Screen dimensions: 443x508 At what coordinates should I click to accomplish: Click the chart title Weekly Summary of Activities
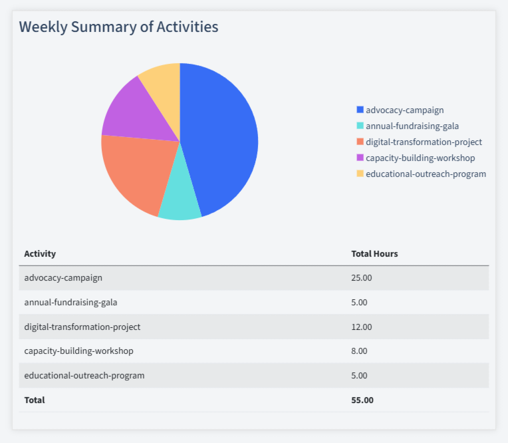click(x=118, y=27)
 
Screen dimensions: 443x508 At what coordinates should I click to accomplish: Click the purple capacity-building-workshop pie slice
click(x=136, y=113)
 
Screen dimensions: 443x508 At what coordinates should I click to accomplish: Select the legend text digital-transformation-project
click(x=424, y=142)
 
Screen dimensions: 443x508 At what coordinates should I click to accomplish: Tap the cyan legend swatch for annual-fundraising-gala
click(x=360, y=126)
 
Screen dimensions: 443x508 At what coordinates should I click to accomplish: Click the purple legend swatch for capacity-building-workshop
click(x=360, y=158)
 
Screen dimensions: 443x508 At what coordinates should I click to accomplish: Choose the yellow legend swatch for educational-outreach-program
click(x=360, y=174)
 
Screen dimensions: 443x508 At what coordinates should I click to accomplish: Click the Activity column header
click(x=40, y=253)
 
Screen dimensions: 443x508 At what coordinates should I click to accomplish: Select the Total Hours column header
click(x=374, y=253)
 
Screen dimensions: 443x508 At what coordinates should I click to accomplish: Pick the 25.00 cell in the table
click(x=362, y=278)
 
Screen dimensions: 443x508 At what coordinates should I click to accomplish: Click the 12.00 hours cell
click(x=362, y=327)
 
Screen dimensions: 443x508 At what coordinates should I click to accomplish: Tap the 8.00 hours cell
click(x=359, y=351)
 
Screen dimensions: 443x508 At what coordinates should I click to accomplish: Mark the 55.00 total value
click(x=362, y=400)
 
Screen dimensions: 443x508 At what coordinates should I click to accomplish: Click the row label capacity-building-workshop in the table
click(x=79, y=351)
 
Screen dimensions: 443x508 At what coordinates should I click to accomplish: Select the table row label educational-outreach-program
click(x=84, y=375)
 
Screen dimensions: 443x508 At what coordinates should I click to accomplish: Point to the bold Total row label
click(x=35, y=400)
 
